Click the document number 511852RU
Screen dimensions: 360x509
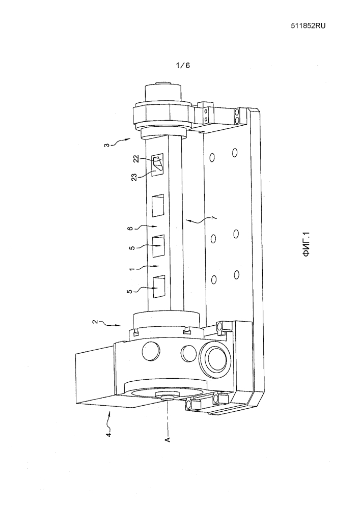click(x=308, y=26)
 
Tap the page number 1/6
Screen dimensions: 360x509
click(x=183, y=65)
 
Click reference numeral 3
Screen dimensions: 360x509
click(x=107, y=144)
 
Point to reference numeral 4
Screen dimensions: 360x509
click(x=109, y=434)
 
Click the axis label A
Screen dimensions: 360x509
click(x=168, y=439)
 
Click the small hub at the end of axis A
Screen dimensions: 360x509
click(x=167, y=395)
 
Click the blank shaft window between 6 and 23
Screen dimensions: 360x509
click(x=158, y=206)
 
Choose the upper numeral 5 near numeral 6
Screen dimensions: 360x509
click(x=132, y=248)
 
